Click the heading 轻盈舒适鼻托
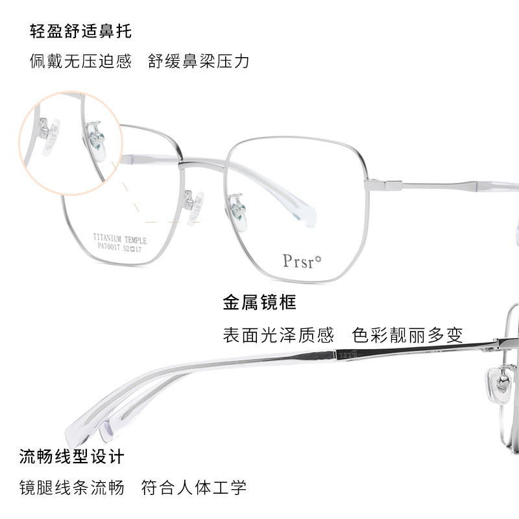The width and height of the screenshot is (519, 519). (80, 30)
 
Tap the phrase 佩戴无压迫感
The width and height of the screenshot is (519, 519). (80, 62)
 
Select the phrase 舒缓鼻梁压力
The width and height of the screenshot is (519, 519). (198, 62)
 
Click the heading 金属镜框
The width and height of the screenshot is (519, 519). (259, 302)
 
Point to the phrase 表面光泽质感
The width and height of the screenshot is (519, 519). (278, 335)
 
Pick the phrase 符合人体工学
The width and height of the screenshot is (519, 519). (194, 487)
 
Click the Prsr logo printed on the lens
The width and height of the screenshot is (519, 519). (298, 260)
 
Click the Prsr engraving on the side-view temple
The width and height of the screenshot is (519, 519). (345, 354)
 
